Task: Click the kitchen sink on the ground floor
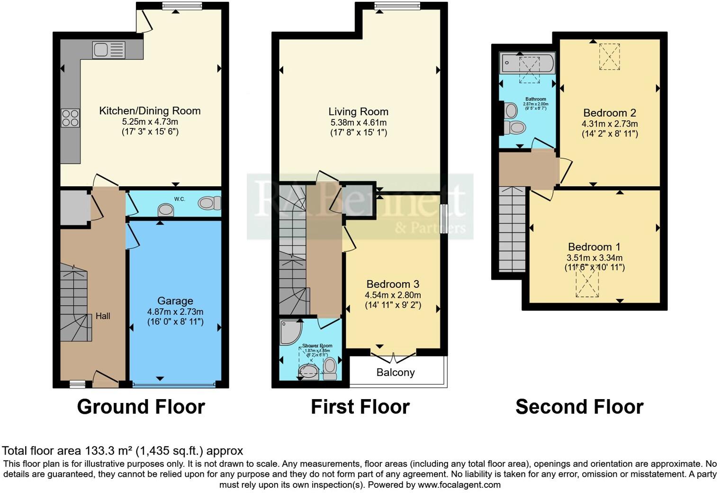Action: [109, 49]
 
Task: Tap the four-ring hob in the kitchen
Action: [70, 118]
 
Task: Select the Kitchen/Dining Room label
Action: [150, 111]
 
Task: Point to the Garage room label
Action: [175, 301]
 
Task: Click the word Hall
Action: [103, 316]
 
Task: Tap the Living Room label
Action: [358, 112]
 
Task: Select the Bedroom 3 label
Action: [393, 284]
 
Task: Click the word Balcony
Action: [396, 373]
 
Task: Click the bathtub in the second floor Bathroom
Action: [527, 63]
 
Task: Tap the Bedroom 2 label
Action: [609, 113]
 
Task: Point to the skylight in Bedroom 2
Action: [610, 56]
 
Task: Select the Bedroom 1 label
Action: [594, 247]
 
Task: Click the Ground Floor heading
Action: [141, 407]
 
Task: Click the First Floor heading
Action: [360, 407]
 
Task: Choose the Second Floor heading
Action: [579, 407]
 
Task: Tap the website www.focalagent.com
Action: [459, 485]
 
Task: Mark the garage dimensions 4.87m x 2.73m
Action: [175, 312]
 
